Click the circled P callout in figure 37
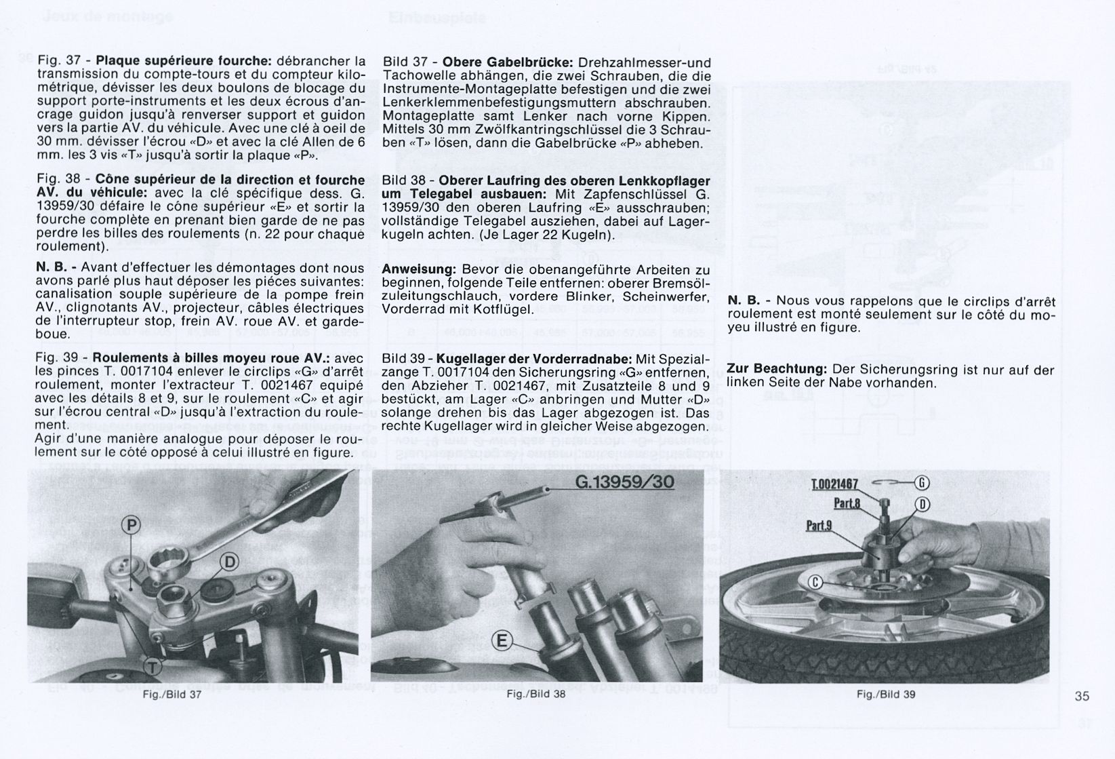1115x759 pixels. click(131, 525)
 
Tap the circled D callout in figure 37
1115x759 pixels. click(230, 562)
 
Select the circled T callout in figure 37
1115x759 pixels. click(153, 666)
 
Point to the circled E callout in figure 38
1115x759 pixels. click(502, 640)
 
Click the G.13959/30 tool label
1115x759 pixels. click(625, 482)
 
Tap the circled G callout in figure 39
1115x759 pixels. click(921, 482)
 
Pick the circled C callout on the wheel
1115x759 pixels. click(815, 582)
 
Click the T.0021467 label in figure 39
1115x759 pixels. click(835, 484)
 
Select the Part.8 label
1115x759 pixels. click(847, 503)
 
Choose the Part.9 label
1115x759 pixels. click(819, 526)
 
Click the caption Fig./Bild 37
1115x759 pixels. click(171, 695)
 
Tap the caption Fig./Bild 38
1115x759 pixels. click(536, 695)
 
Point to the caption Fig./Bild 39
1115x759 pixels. click(886, 695)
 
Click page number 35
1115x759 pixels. click(1082, 696)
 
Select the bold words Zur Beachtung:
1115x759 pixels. click(777, 369)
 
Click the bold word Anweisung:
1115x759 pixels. click(419, 270)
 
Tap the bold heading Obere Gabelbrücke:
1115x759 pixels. click(508, 63)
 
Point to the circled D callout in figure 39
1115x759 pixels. click(922, 505)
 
